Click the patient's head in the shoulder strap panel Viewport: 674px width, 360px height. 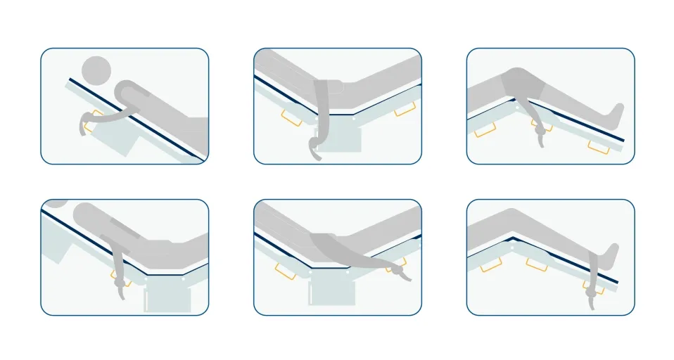pyautogui.click(x=97, y=70)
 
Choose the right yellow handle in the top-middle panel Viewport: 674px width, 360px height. pyautogui.click(x=403, y=110)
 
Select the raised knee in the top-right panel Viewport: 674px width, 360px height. pyautogui.click(x=517, y=77)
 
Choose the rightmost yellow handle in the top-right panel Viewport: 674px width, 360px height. pyautogui.click(x=599, y=146)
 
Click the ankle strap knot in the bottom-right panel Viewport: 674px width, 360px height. pyautogui.click(x=592, y=288)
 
